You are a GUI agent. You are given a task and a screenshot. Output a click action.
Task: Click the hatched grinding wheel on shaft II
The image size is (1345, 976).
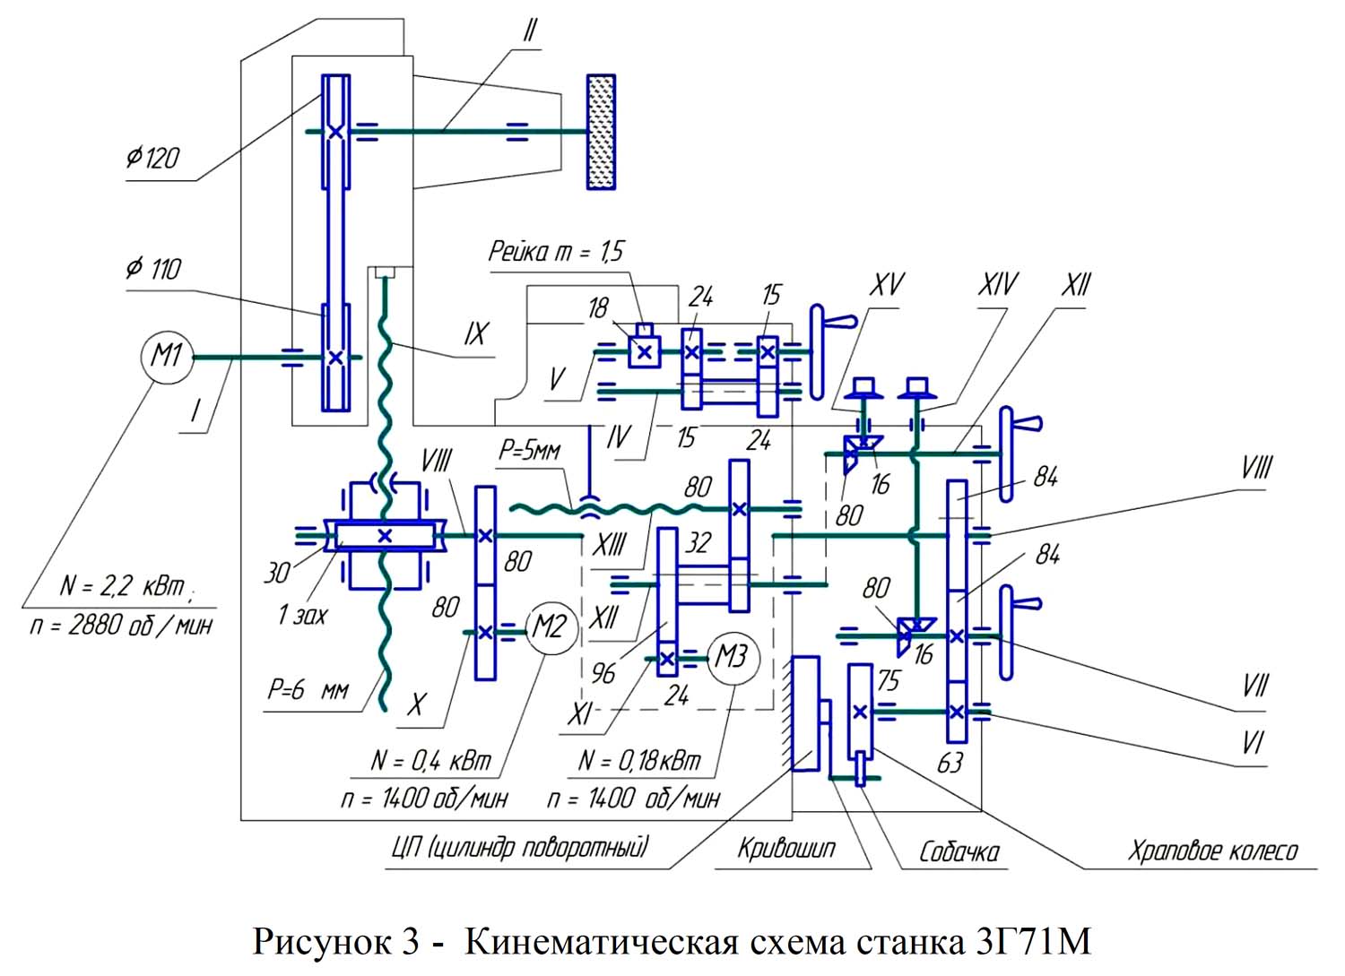point(601,132)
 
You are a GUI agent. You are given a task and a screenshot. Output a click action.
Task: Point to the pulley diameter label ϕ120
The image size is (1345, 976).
point(152,159)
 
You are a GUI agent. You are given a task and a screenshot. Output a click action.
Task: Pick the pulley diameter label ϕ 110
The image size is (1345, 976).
point(153,268)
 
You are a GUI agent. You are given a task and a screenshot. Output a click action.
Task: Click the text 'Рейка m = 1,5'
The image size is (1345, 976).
point(555,251)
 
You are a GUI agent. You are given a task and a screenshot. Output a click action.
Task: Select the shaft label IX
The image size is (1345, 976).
point(475,334)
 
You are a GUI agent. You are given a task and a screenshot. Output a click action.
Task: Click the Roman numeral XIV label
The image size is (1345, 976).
point(997,285)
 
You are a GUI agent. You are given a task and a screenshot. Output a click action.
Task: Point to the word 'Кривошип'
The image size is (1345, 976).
point(786,848)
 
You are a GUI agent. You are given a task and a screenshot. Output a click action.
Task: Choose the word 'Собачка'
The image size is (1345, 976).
point(959,851)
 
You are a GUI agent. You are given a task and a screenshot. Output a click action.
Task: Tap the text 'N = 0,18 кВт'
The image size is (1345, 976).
point(639,761)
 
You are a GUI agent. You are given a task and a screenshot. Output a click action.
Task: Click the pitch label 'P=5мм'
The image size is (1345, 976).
point(529,450)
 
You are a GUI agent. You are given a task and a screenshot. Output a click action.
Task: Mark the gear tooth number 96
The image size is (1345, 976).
point(603,673)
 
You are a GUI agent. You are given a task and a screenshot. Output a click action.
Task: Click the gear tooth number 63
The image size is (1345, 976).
point(950,763)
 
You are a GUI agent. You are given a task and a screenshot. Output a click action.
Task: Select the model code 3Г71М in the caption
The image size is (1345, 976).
point(1030,943)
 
